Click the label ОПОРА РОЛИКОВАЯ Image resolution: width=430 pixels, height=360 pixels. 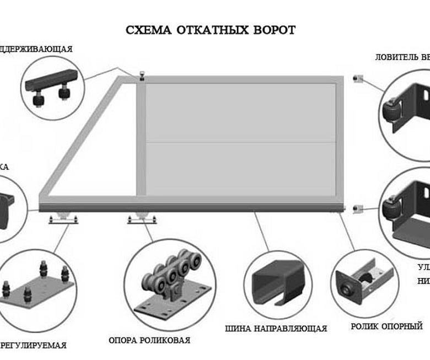pos(149,340)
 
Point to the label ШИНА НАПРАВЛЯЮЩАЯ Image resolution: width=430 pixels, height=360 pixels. pos(276,329)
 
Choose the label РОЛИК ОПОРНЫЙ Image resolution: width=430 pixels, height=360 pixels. pos(386,326)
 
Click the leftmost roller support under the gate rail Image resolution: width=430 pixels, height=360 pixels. pos(62,219)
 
